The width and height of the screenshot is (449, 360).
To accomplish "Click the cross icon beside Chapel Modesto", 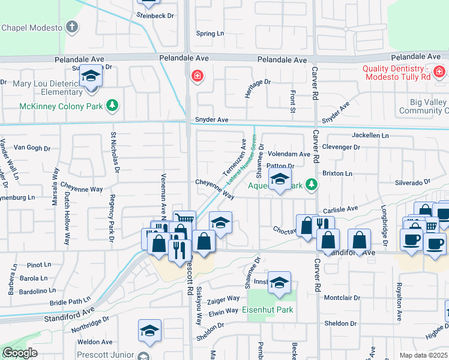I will tap(72, 27).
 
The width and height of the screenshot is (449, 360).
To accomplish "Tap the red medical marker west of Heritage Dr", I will tap(196, 76).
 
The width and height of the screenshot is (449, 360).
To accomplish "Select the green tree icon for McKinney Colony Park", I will tap(112, 106).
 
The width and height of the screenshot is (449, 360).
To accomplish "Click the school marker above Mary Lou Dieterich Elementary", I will tap(91, 77).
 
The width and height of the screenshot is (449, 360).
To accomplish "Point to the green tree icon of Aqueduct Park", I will tap(311, 184).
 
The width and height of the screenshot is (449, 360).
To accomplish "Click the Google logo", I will tap(20, 353).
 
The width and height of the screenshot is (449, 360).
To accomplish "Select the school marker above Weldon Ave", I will tap(149, 331).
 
